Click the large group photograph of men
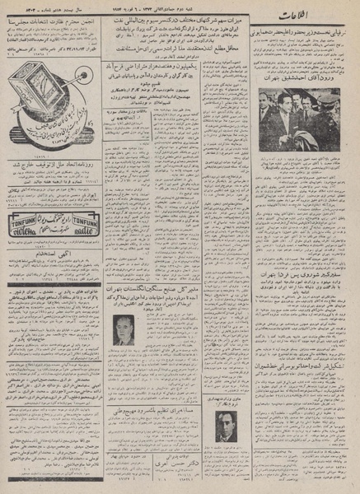(x=299, y=120)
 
